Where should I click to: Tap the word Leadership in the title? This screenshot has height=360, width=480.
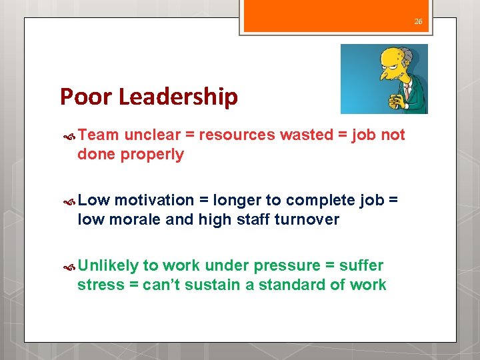[x=179, y=97]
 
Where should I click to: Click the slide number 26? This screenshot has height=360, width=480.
[x=418, y=21]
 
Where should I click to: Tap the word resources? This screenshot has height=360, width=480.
[x=237, y=135]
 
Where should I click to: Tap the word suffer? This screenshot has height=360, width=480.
[x=361, y=265]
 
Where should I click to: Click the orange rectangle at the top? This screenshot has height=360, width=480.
[x=335, y=15]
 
